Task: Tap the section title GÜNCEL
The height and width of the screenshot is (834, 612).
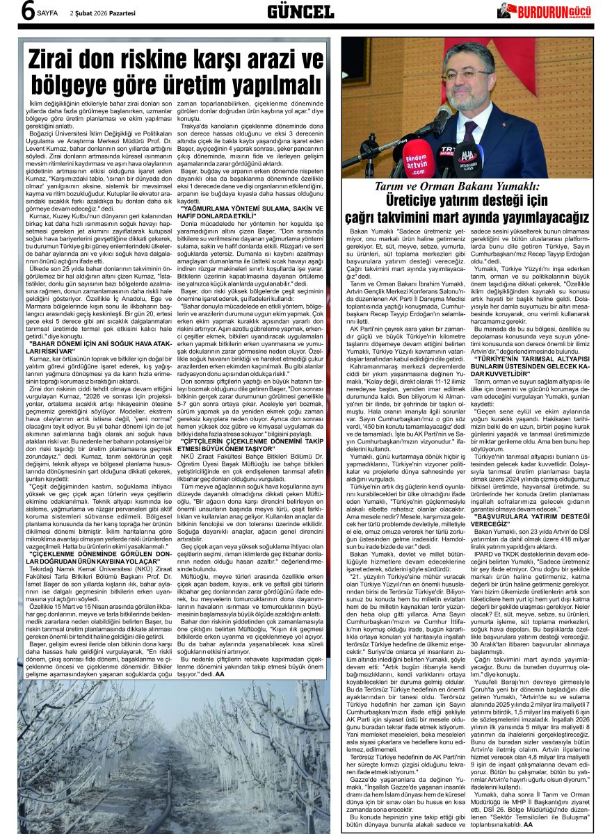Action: pos(300,11)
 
